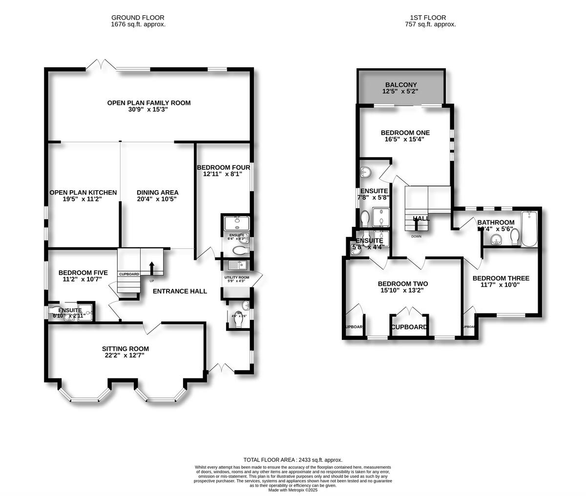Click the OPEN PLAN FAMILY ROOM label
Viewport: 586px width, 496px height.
[149, 103]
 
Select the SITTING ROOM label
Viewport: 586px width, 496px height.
[125, 349]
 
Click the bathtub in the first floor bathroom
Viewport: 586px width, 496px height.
[529, 229]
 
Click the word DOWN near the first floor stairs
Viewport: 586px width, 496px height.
[416, 237]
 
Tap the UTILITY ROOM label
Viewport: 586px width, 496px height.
[236, 278]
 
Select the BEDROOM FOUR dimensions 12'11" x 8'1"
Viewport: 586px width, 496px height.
[223, 174]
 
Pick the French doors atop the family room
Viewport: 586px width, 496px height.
[101, 64]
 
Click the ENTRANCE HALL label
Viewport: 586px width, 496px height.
[180, 291]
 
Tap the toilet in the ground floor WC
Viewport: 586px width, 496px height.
[237, 316]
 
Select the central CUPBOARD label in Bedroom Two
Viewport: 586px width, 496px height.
[409, 327]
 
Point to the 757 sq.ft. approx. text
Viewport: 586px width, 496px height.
[430, 24]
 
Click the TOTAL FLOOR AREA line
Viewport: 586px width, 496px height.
[293, 460]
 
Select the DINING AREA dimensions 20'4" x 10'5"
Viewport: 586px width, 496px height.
[157, 199]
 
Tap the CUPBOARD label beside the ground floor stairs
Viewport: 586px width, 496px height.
[129, 274]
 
